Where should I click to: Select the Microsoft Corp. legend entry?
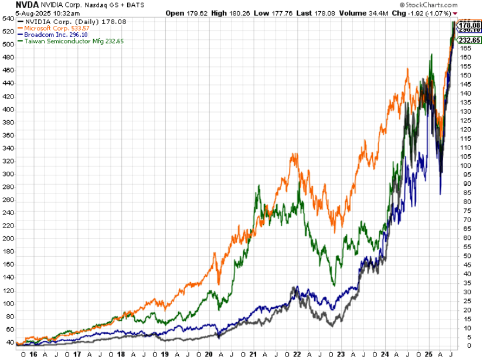click(x=59, y=28)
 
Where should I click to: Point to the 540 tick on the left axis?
click(x=8, y=19)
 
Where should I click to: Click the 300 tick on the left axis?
click(x=8, y=174)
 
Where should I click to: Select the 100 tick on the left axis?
click(x=8, y=303)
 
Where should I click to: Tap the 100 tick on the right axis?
click(x=465, y=165)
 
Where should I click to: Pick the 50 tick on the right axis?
click(x=464, y=256)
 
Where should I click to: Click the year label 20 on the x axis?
click(x=210, y=354)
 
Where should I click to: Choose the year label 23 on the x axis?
click(x=342, y=354)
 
